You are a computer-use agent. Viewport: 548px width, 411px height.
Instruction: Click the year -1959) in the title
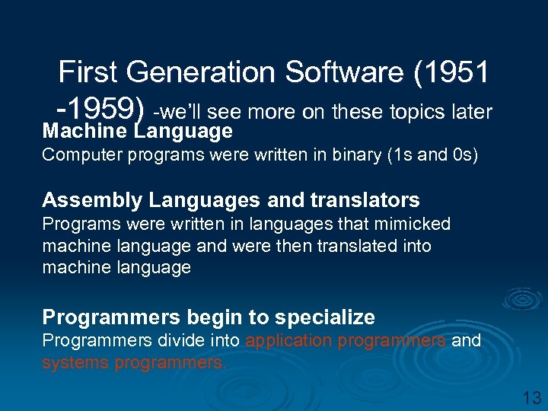pyautogui.click(x=100, y=111)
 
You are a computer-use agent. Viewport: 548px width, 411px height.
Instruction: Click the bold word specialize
pyautogui.click(x=327, y=317)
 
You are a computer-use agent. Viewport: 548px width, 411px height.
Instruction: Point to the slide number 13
pyautogui.click(x=530, y=397)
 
